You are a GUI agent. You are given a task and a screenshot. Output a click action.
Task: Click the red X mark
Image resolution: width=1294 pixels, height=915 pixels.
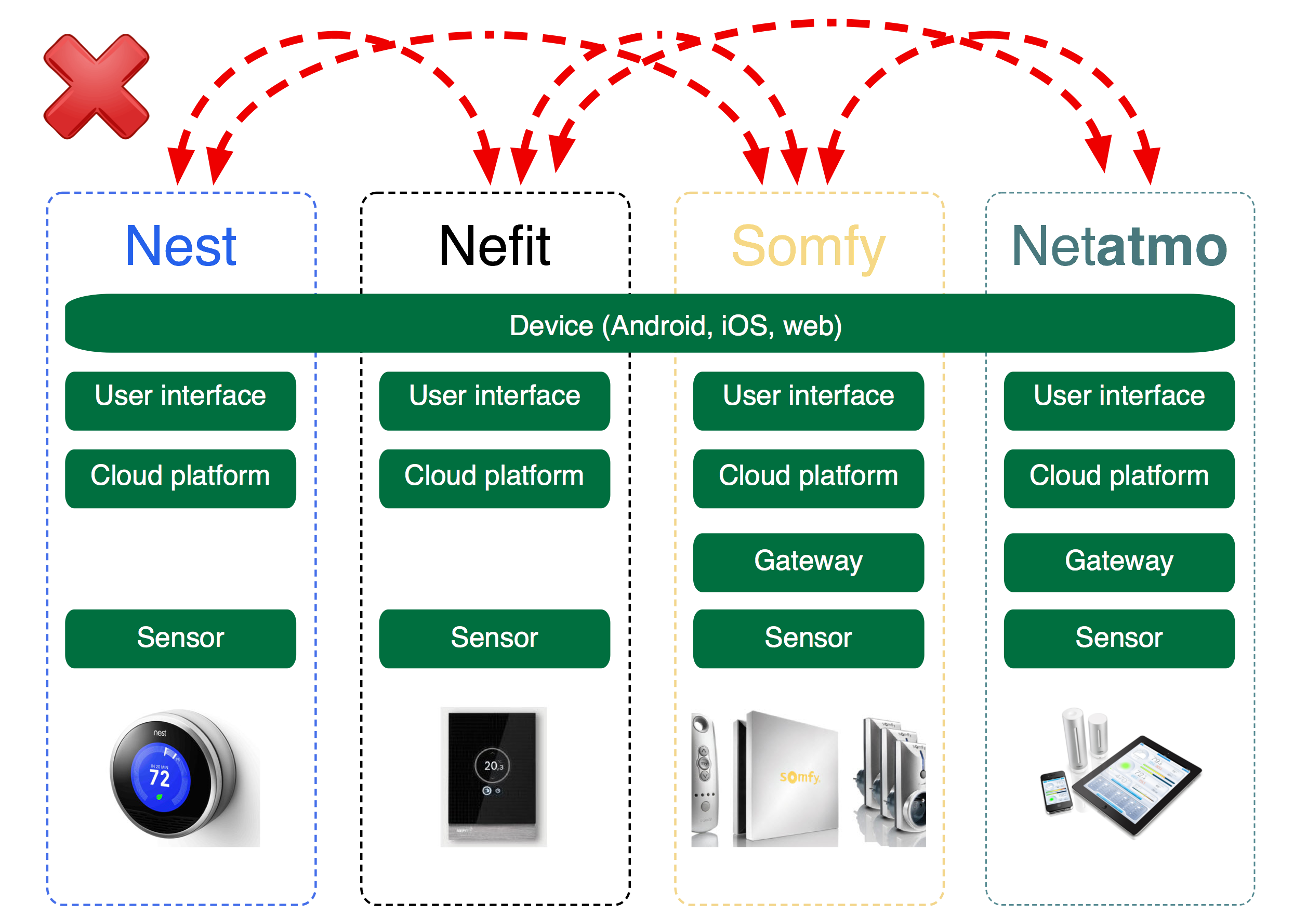(x=96, y=86)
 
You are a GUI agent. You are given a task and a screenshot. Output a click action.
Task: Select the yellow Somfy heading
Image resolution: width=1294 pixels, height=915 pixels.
(x=808, y=247)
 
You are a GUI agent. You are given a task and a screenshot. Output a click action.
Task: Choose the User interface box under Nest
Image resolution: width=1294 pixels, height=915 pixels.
(x=180, y=401)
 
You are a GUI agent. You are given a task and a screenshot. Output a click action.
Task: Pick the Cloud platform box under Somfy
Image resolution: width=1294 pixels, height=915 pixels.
(x=808, y=479)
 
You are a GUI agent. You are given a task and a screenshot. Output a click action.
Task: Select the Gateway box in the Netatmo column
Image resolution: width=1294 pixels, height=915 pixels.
(x=1119, y=562)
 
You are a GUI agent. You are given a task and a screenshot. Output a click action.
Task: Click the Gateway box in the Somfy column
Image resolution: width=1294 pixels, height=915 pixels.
(x=808, y=562)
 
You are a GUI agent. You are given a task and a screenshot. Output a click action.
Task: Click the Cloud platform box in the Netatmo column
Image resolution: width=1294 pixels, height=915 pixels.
(x=1119, y=479)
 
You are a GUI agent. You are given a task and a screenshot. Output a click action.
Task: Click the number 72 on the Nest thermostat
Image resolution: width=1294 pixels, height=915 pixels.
(x=160, y=779)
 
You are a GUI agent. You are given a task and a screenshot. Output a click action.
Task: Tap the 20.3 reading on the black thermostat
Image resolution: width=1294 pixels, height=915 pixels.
(x=493, y=766)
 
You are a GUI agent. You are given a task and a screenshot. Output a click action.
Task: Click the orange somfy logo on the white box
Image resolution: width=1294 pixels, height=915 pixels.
(x=799, y=777)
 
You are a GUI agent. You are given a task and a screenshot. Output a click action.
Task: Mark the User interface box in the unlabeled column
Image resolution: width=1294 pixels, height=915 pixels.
(x=494, y=401)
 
